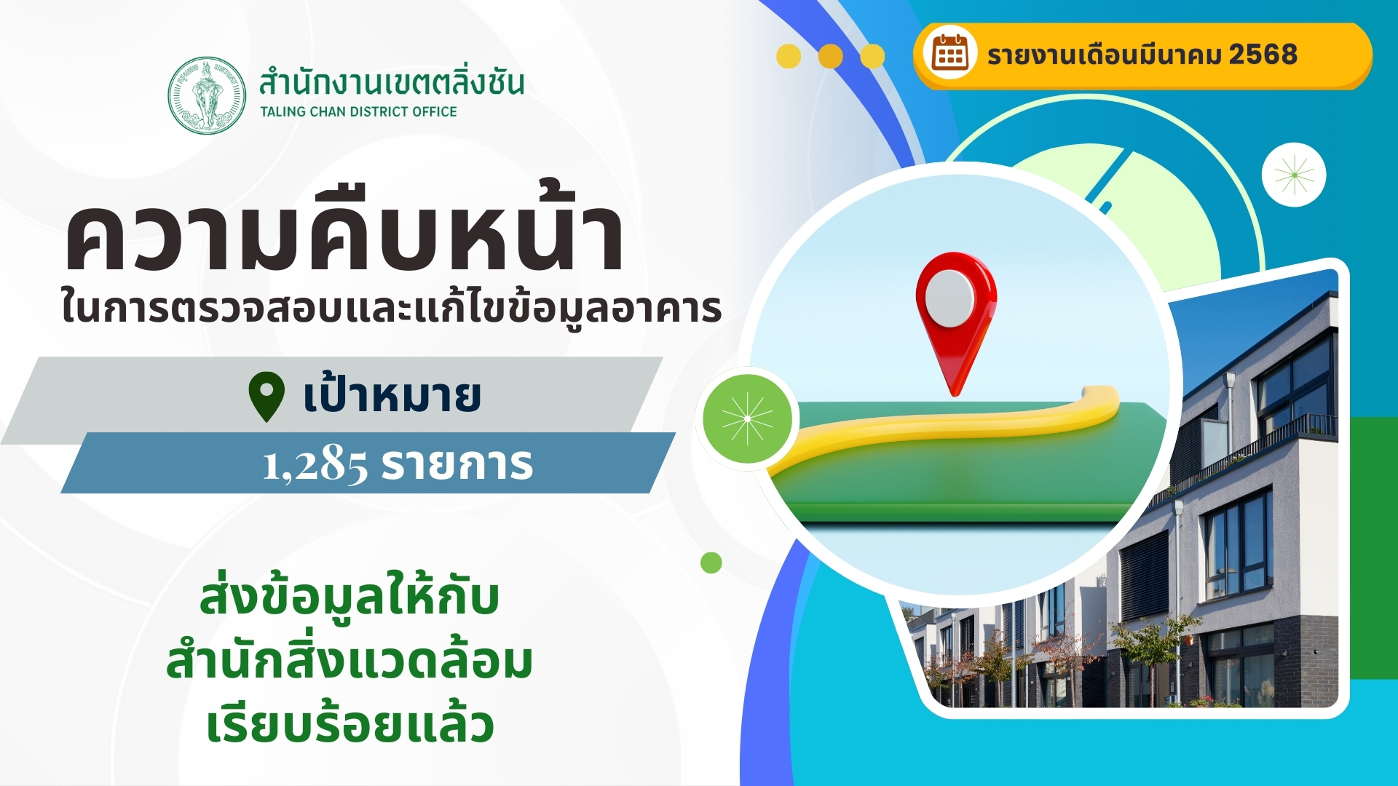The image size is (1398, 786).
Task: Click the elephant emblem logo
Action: tap(207, 95)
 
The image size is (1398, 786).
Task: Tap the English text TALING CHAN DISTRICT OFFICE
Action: tap(358, 111)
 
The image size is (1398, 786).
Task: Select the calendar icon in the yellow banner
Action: tap(950, 54)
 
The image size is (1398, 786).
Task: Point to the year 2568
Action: tap(1263, 55)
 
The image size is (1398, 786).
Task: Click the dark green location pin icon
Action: tap(266, 397)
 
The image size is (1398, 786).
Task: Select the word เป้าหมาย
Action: tap(392, 395)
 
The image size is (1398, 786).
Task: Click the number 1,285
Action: tap(315, 464)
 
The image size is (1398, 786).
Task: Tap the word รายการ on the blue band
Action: tap(457, 464)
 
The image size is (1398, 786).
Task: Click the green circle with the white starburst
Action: tap(747, 418)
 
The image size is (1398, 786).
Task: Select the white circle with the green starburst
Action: tap(1294, 175)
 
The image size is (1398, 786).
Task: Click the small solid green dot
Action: tap(711, 563)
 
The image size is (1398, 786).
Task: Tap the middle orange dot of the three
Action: tap(831, 56)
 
